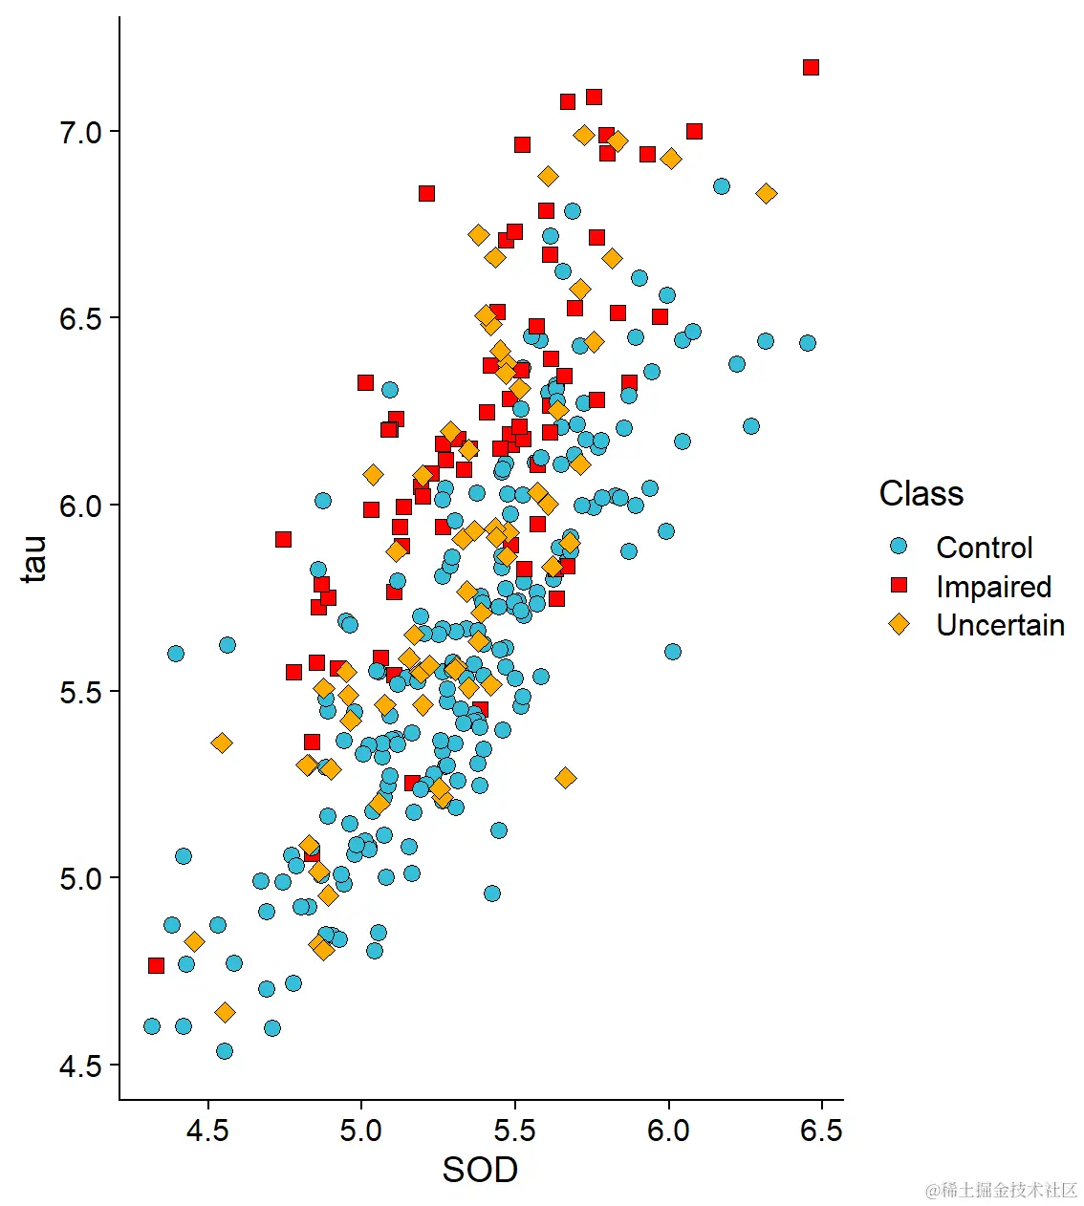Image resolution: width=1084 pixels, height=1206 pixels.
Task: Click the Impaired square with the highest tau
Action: pos(811,67)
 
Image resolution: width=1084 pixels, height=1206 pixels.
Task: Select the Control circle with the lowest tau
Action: pos(225,1051)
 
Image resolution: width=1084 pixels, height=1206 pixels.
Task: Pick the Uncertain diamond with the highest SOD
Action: pos(766,193)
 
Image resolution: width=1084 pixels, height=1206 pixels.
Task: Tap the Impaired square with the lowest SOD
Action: pos(156,966)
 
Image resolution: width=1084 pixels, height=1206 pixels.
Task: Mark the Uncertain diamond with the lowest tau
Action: pos(225,1012)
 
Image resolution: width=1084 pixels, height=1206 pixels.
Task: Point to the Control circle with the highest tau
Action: pos(722,186)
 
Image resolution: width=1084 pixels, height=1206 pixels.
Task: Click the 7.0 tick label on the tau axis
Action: pos(80,132)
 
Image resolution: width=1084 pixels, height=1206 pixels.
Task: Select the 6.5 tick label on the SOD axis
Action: pos(821,1131)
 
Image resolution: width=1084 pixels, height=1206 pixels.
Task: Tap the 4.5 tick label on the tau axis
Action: pos(80,1066)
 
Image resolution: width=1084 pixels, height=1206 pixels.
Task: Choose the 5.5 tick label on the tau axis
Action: pos(80,692)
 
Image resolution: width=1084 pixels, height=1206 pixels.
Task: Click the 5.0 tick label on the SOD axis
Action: pos(360,1131)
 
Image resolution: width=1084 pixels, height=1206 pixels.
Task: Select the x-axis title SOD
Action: pos(480,1170)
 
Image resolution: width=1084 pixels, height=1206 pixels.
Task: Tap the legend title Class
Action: pos(921,493)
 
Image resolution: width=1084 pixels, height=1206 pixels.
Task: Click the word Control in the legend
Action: pos(984,548)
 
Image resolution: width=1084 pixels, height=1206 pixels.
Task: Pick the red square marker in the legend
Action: pos(899,585)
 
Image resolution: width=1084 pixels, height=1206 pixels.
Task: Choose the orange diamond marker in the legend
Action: pos(899,624)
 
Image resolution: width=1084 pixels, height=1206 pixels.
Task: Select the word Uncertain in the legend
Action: pos(1000,625)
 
